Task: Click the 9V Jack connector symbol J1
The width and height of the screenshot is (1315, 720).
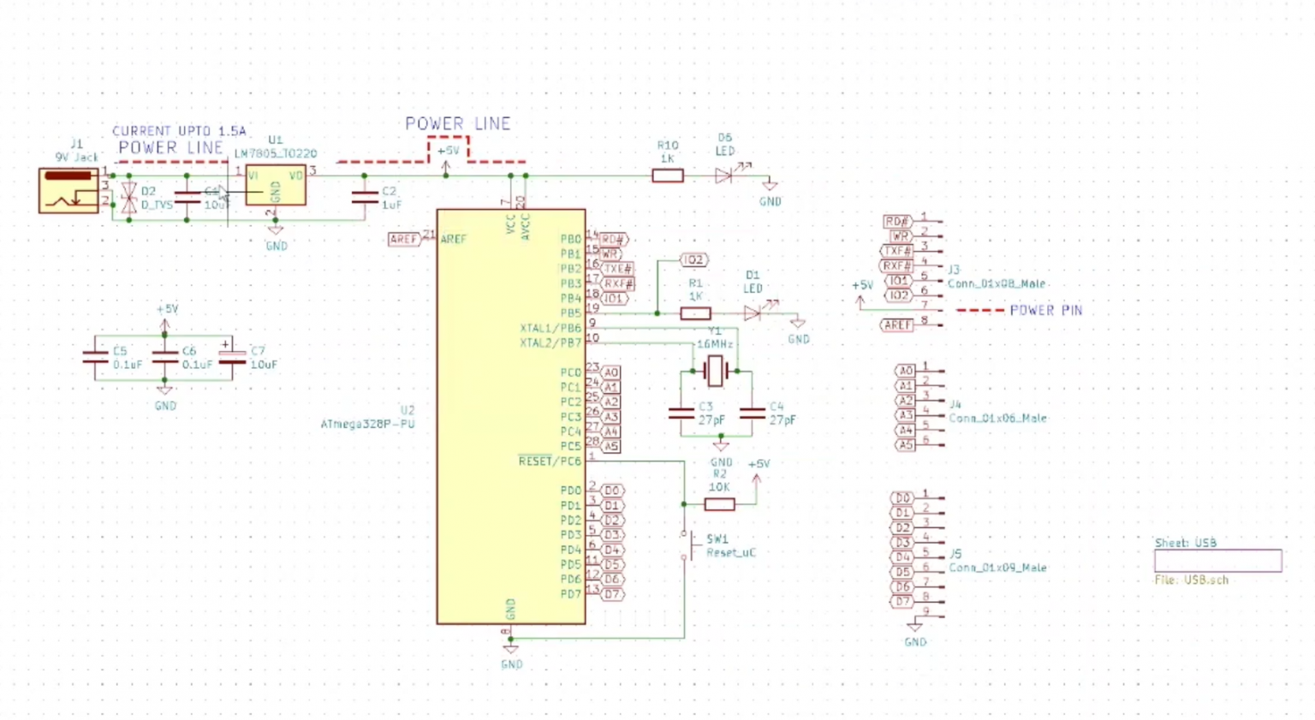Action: [x=68, y=190]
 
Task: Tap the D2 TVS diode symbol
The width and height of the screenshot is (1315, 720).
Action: [x=129, y=198]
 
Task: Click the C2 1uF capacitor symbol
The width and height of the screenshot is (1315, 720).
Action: [x=365, y=198]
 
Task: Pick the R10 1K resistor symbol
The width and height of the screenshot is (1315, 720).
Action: [x=668, y=176]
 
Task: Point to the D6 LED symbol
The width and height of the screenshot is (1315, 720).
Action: [x=724, y=176]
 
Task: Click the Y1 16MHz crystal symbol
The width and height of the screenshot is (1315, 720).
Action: [x=715, y=372]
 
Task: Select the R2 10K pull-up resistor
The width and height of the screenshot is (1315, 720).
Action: [x=719, y=504]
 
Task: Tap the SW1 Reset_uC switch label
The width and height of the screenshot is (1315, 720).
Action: [x=729, y=546]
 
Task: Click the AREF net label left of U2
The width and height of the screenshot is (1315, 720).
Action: [x=403, y=239]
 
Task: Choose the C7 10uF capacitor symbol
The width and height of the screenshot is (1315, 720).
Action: [x=232, y=358]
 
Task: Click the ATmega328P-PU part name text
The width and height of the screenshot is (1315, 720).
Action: [x=367, y=424]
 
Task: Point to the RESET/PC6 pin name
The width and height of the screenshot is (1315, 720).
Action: [x=549, y=461]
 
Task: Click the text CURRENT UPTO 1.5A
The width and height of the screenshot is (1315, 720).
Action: [x=179, y=131]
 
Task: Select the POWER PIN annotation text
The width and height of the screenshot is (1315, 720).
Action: [x=1045, y=310]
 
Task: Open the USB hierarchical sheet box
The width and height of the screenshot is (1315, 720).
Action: [x=1217, y=561]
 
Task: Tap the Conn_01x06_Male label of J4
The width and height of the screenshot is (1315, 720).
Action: [x=997, y=418]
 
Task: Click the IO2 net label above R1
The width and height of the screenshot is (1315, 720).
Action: [x=693, y=259]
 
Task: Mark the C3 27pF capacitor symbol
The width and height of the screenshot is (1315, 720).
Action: [x=681, y=414]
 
